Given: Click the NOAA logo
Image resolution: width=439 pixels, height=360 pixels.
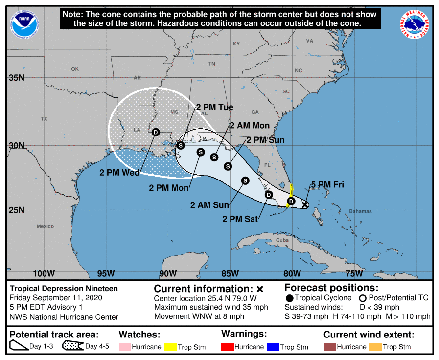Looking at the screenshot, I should click(25, 22).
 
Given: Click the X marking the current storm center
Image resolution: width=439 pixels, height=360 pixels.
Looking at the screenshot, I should click(305, 204).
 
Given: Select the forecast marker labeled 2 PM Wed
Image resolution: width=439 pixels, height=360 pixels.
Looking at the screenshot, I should click(156, 132).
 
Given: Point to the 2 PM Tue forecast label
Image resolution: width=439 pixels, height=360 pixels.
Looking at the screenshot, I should click(214, 107).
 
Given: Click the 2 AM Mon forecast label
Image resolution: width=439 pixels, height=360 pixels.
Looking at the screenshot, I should click(250, 126).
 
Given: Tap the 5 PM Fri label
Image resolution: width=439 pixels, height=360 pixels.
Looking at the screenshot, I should click(327, 184).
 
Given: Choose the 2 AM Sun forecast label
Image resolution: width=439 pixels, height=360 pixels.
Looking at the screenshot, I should click(210, 205).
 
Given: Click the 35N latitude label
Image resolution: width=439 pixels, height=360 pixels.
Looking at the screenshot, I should click(16, 78).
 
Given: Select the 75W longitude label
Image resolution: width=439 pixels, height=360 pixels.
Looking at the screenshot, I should click(354, 273).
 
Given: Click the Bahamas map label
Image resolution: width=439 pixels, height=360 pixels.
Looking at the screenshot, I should click(360, 211).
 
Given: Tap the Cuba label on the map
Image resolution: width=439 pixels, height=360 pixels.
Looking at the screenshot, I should click(282, 240).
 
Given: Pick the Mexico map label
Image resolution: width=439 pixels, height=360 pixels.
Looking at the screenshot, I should click(45, 226).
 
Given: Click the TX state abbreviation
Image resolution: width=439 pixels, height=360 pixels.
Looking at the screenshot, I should click(44, 119).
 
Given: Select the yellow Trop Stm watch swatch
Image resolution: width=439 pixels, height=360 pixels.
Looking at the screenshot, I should click(171, 347).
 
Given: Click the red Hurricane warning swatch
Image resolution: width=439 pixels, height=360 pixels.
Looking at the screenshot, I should click(227, 347).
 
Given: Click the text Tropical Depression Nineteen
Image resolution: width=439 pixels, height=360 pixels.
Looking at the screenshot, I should click(64, 289).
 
